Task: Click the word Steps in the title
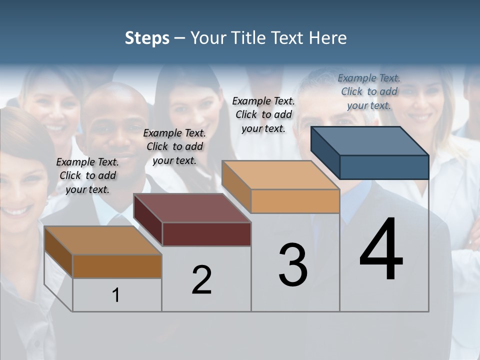pyautogui.click(x=147, y=38)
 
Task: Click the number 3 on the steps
pyautogui.click(x=293, y=264)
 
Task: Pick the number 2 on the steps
pyautogui.click(x=201, y=280)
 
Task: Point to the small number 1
pyautogui.click(x=115, y=295)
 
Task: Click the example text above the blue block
pyautogui.click(x=369, y=91)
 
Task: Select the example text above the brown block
pyautogui.click(x=87, y=175)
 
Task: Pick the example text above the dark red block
pyautogui.click(x=174, y=146)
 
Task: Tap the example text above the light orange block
pyautogui.click(x=263, y=114)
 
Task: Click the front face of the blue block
pyautogui.click(x=384, y=167)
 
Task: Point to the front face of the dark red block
pyautogui.click(x=206, y=234)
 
